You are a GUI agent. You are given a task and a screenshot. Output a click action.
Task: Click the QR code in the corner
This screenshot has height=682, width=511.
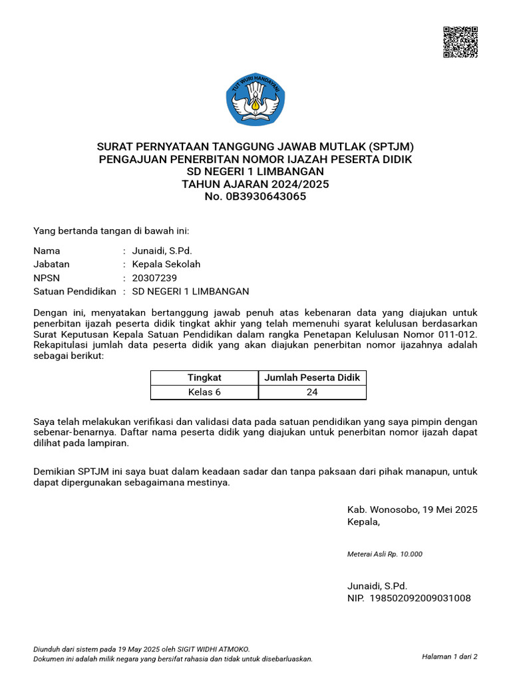point(460,43)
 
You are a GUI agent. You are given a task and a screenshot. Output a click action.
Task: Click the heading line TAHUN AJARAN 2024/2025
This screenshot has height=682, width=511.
point(255,184)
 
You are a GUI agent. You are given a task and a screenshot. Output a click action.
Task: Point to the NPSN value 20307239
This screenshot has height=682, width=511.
point(155,278)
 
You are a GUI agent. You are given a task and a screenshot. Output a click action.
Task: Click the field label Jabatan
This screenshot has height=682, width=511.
point(52,264)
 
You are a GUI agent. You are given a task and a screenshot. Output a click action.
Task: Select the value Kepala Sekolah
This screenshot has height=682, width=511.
point(166,264)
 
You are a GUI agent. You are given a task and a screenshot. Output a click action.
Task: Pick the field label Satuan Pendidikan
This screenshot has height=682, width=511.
point(75,291)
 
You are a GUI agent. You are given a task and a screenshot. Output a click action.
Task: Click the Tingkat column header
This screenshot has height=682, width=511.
point(204,378)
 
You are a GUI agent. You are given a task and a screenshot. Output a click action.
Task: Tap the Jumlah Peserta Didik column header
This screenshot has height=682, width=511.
point(312,378)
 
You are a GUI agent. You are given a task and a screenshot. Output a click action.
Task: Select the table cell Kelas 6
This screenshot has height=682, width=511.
point(204,392)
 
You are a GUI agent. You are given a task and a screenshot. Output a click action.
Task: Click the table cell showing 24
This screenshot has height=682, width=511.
point(312,392)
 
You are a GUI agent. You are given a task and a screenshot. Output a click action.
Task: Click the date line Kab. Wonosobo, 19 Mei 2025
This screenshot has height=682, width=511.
point(412,510)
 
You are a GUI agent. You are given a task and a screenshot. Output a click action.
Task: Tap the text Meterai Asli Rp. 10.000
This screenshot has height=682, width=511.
point(385,554)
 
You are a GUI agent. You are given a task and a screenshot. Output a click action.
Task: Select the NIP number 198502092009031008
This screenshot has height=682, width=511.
point(420,598)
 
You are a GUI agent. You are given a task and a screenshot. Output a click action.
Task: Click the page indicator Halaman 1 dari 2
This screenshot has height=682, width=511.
point(449,657)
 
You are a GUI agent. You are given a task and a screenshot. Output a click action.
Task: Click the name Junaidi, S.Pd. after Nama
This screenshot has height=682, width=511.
point(162,251)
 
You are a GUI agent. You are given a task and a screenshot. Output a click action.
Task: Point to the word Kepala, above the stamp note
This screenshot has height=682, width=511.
point(364,521)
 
